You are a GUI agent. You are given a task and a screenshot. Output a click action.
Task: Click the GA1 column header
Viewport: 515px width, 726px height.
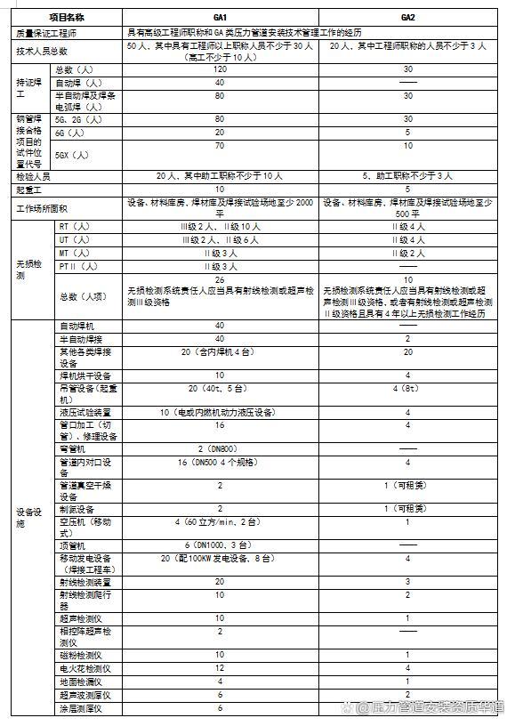pyautogui.click(x=219, y=17)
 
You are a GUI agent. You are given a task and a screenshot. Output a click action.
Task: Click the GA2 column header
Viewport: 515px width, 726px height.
pyautogui.click(x=407, y=17)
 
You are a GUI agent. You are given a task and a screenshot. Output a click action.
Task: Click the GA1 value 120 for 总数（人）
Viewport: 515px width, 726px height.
pyautogui.click(x=219, y=69)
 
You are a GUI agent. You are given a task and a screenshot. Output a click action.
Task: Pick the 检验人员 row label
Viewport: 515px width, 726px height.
pyautogui.click(x=34, y=175)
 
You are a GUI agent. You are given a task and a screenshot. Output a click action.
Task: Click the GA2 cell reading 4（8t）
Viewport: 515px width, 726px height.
pyautogui.click(x=407, y=388)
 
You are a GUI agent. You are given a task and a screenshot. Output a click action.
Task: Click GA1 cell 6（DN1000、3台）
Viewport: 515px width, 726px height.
pyautogui.click(x=219, y=544)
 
